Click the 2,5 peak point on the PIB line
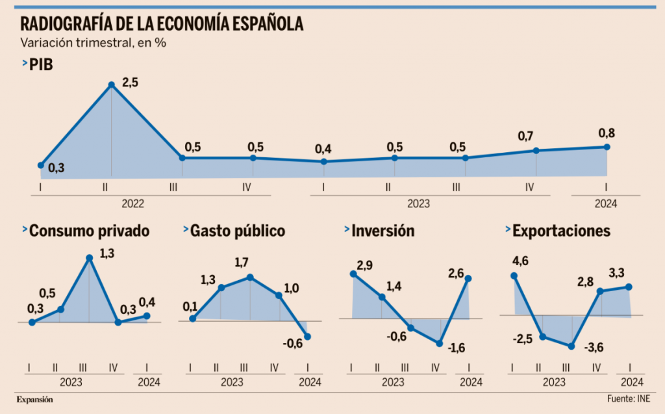coord(112,84)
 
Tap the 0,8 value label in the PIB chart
coord(607,134)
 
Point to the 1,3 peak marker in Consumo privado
coord(90,258)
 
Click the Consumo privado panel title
coord(90,231)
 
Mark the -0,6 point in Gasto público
coord(307,336)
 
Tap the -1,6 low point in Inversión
coord(440,343)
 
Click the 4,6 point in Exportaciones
coord(514,276)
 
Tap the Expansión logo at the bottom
coord(34,399)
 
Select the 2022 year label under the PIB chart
coord(132,203)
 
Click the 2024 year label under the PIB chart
coord(606,203)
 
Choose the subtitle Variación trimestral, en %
coord(94,44)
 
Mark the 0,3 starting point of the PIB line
coord(41,165)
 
